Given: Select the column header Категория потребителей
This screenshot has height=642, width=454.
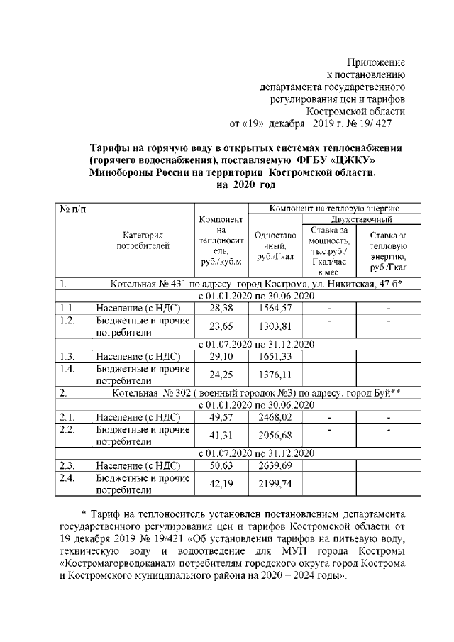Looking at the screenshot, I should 143,241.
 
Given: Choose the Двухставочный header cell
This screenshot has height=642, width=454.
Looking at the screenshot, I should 358,220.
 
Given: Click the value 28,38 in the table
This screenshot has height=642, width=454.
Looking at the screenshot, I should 221,309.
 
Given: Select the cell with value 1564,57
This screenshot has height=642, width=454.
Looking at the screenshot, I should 275,309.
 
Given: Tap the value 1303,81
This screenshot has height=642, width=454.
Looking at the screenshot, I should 275,327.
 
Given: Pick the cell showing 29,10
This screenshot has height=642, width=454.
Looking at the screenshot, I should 221,356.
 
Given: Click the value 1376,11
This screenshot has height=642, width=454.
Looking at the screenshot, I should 275,375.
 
